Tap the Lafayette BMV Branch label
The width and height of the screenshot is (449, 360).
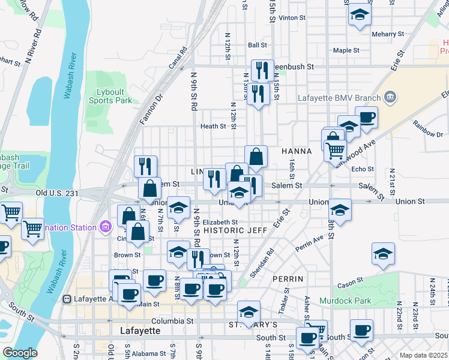point(340,98)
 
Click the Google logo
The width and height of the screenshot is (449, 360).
point(20,353)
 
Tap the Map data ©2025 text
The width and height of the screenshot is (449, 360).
point(423,355)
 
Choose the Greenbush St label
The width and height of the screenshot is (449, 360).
point(294,67)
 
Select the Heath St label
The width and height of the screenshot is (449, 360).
point(213,127)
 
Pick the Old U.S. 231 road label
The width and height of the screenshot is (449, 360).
point(57,193)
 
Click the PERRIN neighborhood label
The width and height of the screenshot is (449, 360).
point(288,280)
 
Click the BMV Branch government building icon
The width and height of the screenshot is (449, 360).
point(390,97)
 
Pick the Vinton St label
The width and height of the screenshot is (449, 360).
point(292,18)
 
